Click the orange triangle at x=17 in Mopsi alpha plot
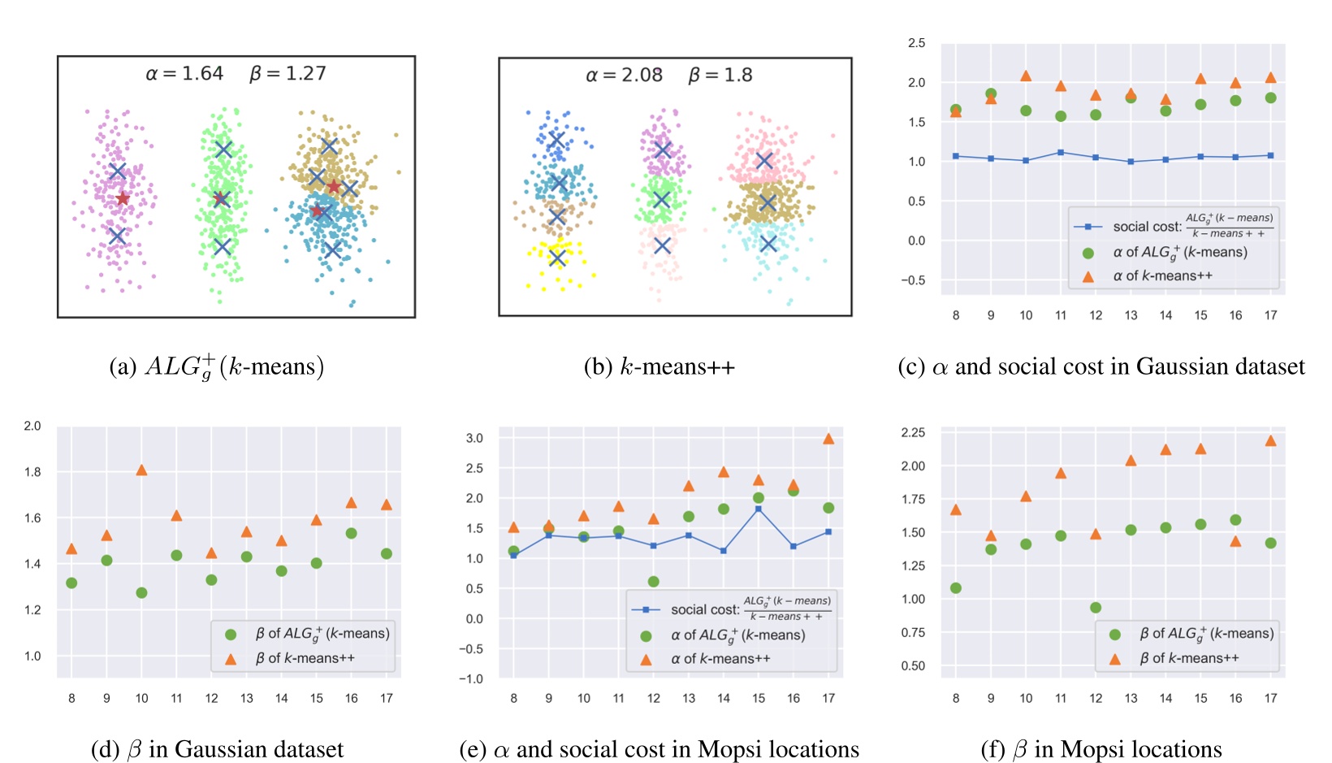(x=828, y=439)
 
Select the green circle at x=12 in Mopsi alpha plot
(x=654, y=582)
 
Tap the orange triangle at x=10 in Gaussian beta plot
(x=141, y=470)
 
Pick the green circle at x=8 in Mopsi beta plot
(x=956, y=588)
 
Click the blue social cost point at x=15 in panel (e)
(x=759, y=509)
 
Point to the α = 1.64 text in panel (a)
(x=184, y=74)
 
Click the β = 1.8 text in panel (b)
(x=720, y=76)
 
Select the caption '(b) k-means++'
(x=659, y=367)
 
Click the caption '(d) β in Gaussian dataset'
(x=218, y=749)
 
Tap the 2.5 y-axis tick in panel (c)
(x=916, y=43)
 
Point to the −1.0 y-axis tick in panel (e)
(x=471, y=678)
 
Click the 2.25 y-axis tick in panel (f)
(x=913, y=432)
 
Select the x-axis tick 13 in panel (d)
(x=247, y=698)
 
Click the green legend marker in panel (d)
(x=231, y=635)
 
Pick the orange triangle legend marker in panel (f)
(x=1115, y=659)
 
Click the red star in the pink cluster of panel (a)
(x=123, y=199)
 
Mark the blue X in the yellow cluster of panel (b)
(x=557, y=258)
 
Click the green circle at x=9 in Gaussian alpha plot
(x=991, y=94)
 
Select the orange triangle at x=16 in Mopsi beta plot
(x=1236, y=541)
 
